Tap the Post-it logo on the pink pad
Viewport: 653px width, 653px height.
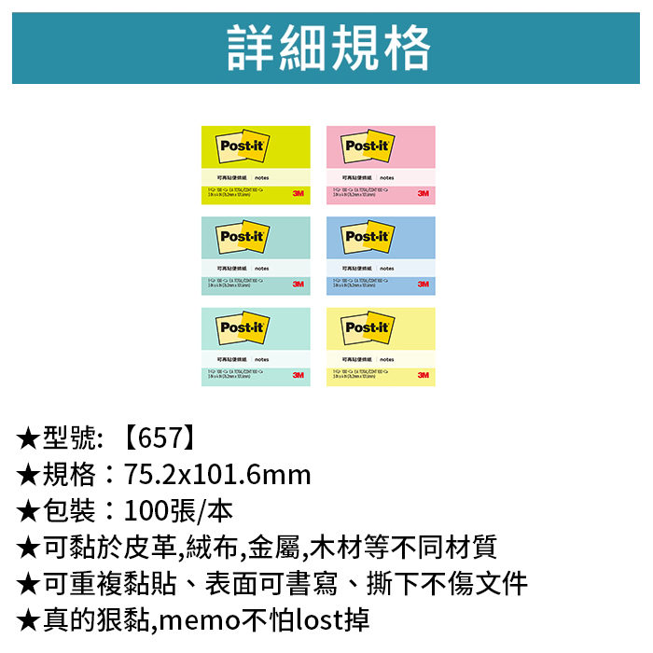366,146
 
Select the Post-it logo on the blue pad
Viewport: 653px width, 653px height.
366,237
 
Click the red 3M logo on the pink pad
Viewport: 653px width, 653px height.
423,193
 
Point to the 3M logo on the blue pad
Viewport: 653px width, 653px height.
423,284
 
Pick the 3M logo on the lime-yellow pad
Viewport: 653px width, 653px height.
298,193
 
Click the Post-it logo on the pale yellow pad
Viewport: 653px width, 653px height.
366,327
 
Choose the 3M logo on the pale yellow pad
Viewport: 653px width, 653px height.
423,374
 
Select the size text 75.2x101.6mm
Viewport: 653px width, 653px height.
217,475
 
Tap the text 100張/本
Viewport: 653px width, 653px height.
178,511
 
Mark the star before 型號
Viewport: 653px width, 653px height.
28,438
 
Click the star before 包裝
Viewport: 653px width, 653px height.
28,511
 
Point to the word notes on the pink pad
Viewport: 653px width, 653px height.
386,177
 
